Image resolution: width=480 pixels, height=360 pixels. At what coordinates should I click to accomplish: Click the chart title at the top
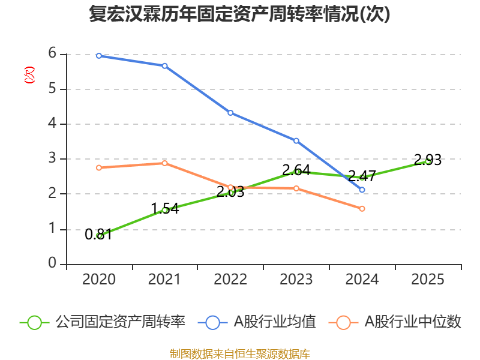[239, 14]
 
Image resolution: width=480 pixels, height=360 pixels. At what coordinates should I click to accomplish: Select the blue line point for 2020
[99, 55]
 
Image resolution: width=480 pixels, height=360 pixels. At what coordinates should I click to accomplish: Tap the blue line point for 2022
[230, 113]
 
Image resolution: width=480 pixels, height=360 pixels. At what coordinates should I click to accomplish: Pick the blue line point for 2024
[362, 190]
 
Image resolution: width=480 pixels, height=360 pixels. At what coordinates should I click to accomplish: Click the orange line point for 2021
[164, 163]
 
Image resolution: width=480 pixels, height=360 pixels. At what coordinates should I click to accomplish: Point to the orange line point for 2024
[362, 209]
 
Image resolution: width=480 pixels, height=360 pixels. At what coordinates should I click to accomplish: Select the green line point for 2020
[99, 236]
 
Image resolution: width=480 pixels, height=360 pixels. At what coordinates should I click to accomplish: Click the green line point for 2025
[428, 161]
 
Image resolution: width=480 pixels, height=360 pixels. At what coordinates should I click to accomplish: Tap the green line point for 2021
[164, 210]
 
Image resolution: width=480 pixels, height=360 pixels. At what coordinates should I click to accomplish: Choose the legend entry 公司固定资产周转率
[103, 322]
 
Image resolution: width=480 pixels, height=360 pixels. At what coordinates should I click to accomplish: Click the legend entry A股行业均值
[260, 322]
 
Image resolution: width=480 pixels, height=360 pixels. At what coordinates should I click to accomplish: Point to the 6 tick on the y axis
[52, 53]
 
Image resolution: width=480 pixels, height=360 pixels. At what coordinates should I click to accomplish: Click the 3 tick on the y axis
[52, 158]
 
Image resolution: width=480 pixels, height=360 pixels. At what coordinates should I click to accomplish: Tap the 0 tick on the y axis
[52, 263]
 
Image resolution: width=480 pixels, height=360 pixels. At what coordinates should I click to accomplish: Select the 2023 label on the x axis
[296, 280]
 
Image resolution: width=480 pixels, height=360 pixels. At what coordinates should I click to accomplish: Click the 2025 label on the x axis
[428, 280]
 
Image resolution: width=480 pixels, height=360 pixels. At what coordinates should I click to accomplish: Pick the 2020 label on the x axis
[99, 280]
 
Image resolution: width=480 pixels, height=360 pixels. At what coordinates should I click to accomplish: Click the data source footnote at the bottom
[239, 353]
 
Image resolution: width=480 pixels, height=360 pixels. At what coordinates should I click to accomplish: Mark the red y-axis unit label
[28, 76]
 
